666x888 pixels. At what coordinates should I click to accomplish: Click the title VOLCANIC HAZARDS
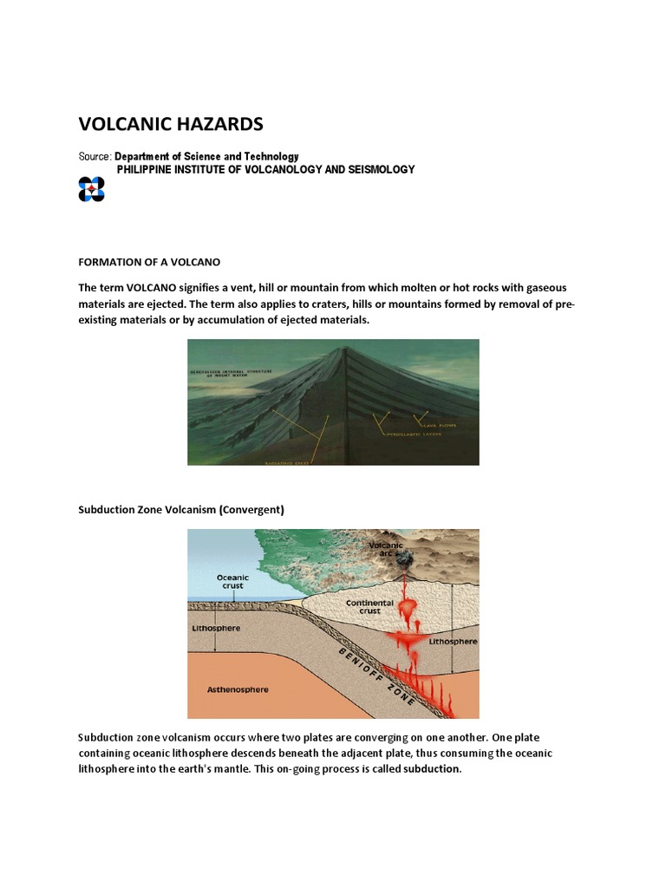point(171,123)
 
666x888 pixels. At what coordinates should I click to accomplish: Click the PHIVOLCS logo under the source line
point(91,189)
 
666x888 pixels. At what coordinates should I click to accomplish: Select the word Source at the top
point(94,156)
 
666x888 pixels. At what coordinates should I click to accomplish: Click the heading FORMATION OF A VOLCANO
point(149,262)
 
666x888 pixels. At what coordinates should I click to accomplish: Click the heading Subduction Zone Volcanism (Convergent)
point(181,510)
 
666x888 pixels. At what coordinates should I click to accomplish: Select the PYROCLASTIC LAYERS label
point(415,434)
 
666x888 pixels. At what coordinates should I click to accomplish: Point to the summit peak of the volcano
point(347,350)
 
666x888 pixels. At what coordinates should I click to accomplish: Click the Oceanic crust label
point(232,581)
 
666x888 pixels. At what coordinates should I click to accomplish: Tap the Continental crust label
point(369,607)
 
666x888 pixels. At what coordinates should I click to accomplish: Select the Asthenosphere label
point(238,690)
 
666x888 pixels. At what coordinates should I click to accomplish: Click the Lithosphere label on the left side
point(215,628)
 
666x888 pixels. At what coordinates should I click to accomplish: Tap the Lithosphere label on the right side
point(451,642)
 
